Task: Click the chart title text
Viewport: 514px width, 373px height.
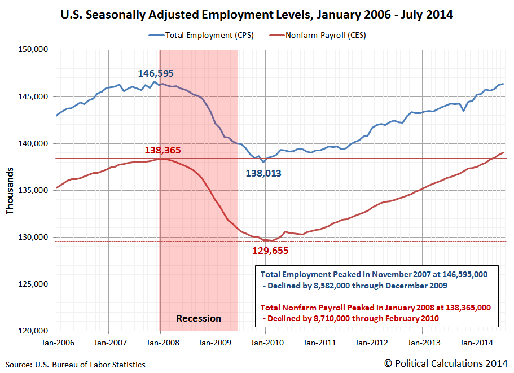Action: coord(257,14)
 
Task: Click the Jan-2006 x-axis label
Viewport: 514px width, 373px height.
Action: coord(56,342)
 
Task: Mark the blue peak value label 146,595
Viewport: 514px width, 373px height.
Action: coord(156,73)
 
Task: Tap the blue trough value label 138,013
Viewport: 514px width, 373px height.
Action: coord(263,174)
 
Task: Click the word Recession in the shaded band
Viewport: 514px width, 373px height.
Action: coord(199,318)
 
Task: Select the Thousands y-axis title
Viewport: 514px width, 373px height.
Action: coord(10,190)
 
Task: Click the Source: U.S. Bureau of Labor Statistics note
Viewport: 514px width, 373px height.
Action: coord(76,365)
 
